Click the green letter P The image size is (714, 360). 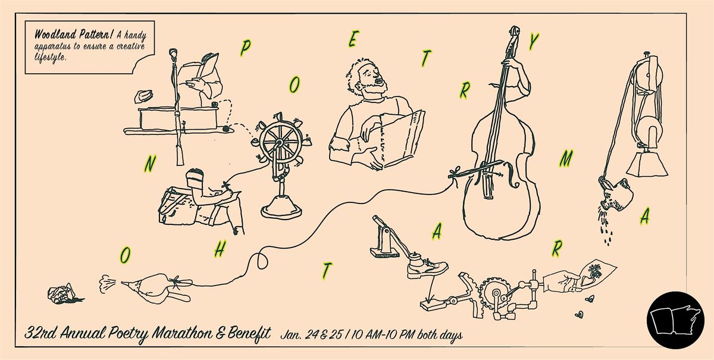(x=245, y=48)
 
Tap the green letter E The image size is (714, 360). (x=353, y=39)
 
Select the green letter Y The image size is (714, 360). (x=533, y=42)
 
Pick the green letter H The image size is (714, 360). (x=220, y=248)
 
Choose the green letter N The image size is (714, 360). (x=149, y=164)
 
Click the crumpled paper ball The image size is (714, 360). (x=61, y=293)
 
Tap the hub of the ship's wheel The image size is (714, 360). (x=279, y=142)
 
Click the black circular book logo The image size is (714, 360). (x=675, y=320)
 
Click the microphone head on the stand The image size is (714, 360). (x=173, y=54)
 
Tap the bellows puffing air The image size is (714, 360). (x=156, y=286)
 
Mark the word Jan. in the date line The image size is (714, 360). (x=291, y=335)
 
